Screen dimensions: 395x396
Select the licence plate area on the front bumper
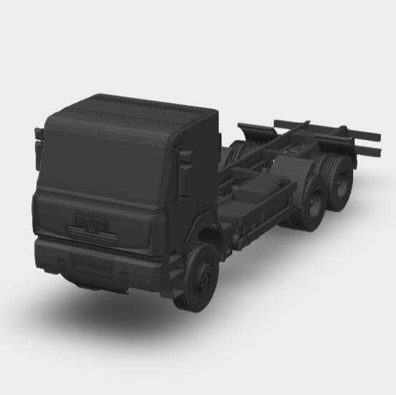[x=93, y=266]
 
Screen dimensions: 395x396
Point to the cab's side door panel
[x=197, y=179]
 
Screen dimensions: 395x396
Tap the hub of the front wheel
[x=205, y=275]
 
